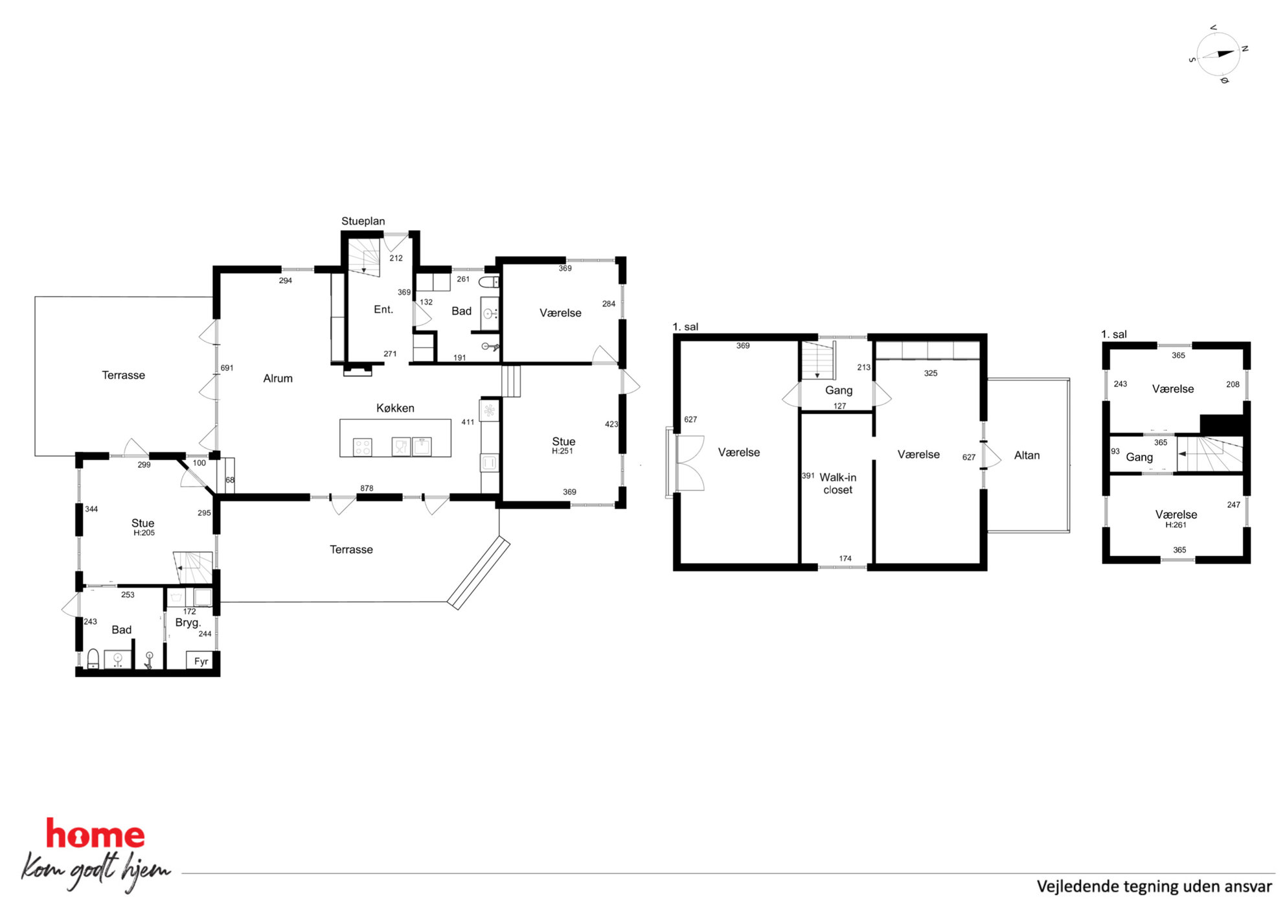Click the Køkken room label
(x=395, y=408)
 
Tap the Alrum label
(x=278, y=378)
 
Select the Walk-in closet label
(x=837, y=483)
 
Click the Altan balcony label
(x=1027, y=455)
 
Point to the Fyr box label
(x=201, y=662)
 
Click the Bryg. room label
(x=188, y=623)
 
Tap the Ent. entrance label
(x=383, y=310)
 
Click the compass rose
(x=1218, y=54)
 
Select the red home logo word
(x=95, y=834)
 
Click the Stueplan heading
(x=363, y=221)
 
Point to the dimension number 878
(x=367, y=489)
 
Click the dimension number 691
(x=227, y=368)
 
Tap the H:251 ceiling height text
(x=562, y=451)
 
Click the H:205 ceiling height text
(x=144, y=533)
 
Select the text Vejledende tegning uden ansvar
(x=1154, y=886)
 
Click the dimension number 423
(x=611, y=424)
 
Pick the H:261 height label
(x=1176, y=525)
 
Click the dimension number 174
(x=845, y=558)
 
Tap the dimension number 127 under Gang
(x=839, y=406)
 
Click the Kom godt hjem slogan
(x=96, y=871)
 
